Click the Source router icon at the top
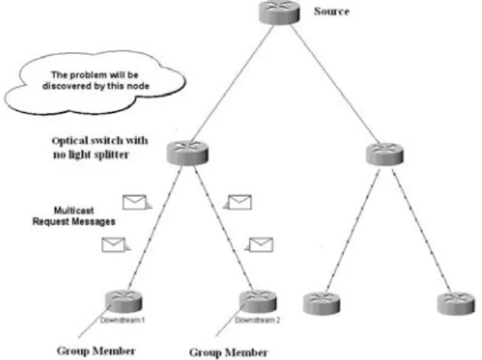[x=279, y=12]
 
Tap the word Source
[x=331, y=11]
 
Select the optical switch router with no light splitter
[x=188, y=153]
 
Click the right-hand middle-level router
[x=384, y=154]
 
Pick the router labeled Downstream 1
[x=124, y=301]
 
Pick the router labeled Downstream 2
[x=258, y=301]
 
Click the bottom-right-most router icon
[x=456, y=304]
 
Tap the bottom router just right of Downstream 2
[x=322, y=304]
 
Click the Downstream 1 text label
[x=122, y=320]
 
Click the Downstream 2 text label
[x=258, y=320]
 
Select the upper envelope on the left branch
[x=137, y=202]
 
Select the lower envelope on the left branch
[x=116, y=245]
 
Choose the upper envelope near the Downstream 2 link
[x=238, y=202]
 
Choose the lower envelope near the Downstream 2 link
[x=259, y=245]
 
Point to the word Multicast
[x=74, y=211]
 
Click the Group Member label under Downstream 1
[x=96, y=351]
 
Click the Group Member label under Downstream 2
[x=228, y=352]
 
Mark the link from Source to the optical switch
[x=232, y=83]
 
